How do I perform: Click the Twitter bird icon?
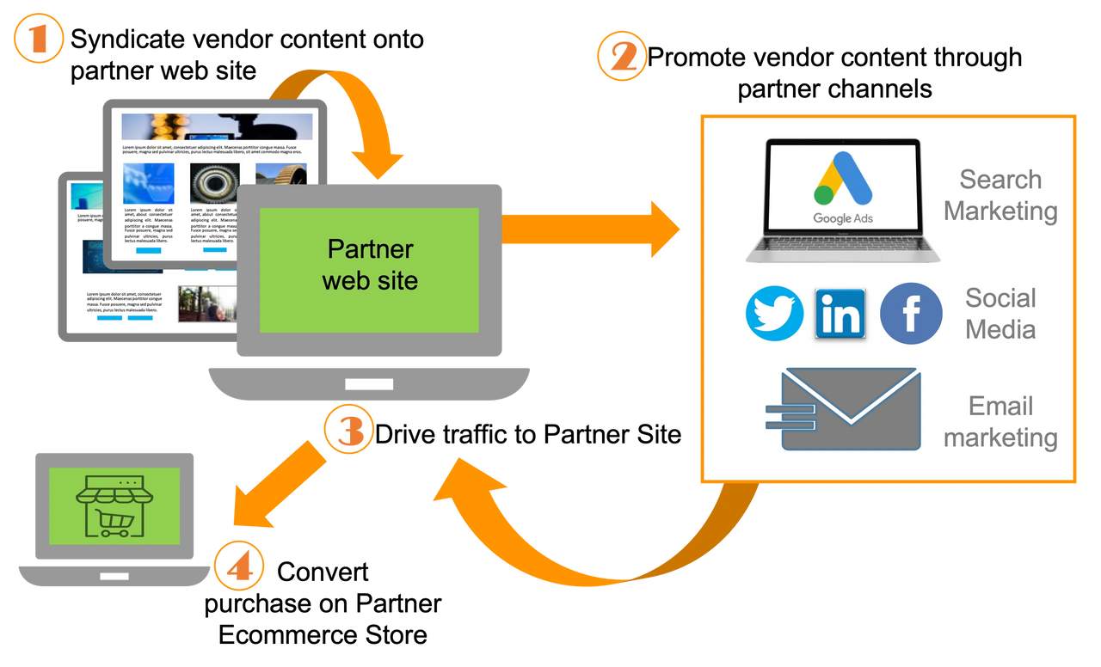pos(774,314)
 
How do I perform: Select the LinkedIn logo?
pos(840,314)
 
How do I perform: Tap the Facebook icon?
pos(911,314)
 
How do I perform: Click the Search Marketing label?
pos(1000,195)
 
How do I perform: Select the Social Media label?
pos(1000,314)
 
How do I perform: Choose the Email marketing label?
pos(1000,422)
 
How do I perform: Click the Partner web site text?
pos(370,264)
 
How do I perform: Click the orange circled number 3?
pos(348,428)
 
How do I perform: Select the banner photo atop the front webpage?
pos(217,126)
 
